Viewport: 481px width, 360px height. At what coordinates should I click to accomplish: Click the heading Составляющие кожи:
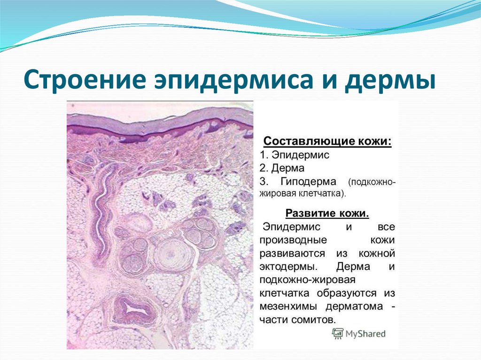327,141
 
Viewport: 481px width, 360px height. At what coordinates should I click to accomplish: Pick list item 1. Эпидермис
295,155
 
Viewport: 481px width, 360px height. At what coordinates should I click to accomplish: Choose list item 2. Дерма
282,168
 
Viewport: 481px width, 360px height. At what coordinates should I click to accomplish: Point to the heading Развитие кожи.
327,214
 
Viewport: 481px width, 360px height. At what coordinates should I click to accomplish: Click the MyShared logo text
365,334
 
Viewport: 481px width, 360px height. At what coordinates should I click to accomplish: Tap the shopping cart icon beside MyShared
337,334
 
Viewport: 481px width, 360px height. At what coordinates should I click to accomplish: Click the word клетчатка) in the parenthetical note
324,192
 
